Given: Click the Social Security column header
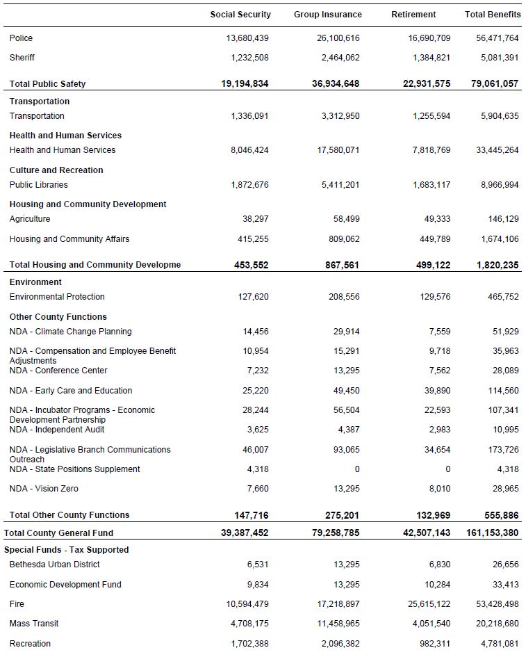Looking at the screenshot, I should pyautogui.click(x=240, y=15).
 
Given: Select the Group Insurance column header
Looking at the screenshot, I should pyautogui.click(x=327, y=15).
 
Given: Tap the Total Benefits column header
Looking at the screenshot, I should pyautogui.click(x=493, y=15).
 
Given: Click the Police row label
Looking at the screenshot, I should pyautogui.click(x=21, y=38).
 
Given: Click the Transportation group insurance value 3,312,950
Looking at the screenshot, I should pyautogui.click(x=340, y=116).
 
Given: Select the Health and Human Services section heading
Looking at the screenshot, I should pyautogui.click(x=65, y=136).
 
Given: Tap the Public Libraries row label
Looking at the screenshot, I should pyautogui.click(x=39, y=185).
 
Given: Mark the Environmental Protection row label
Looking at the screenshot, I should pyautogui.click(x=57, y=297).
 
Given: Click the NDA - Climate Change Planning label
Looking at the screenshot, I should pyautogui.click(x=70, y=332).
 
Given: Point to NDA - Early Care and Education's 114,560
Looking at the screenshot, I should pyautogui.click(x=502, y=391).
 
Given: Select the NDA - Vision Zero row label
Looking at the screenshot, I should pyautogui.click(x=44, y=489).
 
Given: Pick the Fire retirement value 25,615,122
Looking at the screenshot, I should pyautogui.click(x=429, y=604).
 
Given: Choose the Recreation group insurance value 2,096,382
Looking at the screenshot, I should pyautogui.click(x=340, y=644).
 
